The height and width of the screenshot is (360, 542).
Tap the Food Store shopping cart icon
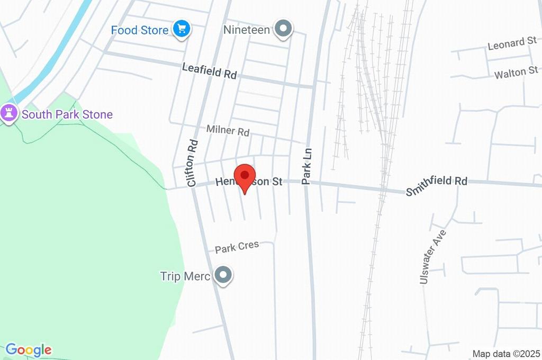[x=182, y=29]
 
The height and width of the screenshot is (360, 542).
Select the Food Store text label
[x=139, y=30]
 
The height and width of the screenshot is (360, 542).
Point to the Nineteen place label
[x=247, y=30]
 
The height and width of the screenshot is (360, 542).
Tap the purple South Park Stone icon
[x=8, y=113]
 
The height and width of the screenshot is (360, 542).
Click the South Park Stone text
[x=67, y=114]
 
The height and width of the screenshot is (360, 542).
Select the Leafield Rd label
[x=209, y=71]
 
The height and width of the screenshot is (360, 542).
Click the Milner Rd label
[x=228, y=130]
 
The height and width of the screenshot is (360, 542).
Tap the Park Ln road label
[x=306, y=166]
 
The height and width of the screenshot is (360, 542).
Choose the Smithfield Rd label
[x=437, y=185]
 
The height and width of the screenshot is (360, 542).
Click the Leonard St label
[x=512, y=43]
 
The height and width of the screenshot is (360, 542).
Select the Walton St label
[x=516, y=73]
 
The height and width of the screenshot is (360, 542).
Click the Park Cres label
[x=237, y=247]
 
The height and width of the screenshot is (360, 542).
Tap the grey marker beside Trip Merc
[x=224, y=275]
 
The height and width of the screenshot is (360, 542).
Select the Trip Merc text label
[x=185, y=276]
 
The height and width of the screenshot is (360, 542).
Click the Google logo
[x=28, y=350]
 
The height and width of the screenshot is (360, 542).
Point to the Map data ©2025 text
[x=506, y=354]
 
